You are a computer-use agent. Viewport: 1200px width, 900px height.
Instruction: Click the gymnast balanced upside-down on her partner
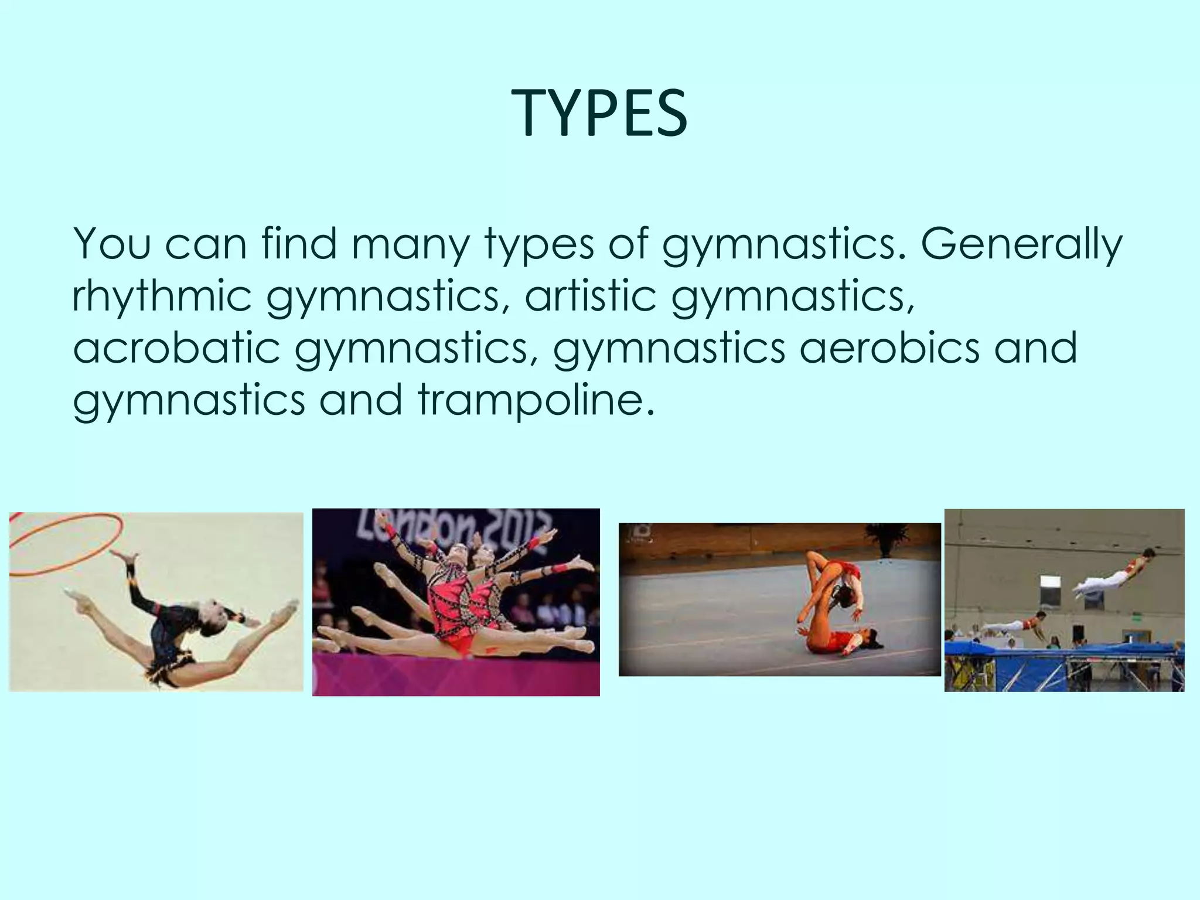(x=826, y=580)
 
